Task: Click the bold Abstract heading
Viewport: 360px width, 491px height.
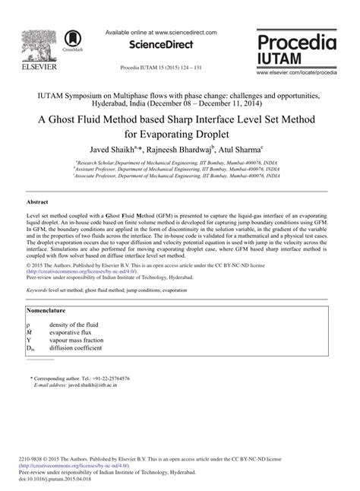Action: (x=39, y=203)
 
